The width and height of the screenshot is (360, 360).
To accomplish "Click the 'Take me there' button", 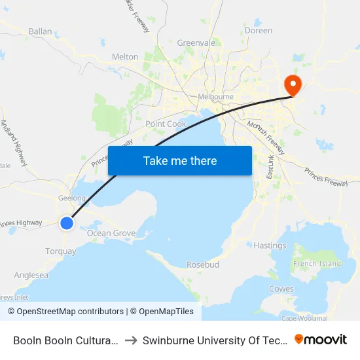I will (x=180, y=160).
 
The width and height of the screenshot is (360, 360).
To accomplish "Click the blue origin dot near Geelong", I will (x=67, y=223).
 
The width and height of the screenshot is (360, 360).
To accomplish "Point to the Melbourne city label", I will (x=215, y=97).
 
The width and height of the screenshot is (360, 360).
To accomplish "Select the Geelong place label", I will (x=72, y=197).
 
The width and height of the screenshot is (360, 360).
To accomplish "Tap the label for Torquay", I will (x=61, y=251).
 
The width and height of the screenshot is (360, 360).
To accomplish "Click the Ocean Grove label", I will (x=111, y=233).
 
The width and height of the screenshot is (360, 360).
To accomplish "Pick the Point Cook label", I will (x=166, y=124).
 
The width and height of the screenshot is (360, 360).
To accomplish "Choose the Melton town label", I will (x=125, y=57).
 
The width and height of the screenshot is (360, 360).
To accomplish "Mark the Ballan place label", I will (x=40, y=31).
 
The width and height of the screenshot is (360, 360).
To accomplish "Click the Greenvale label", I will (x=196, y=43).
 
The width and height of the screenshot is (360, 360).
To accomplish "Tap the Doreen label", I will (x=258, y=31).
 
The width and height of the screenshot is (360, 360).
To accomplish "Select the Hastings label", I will (x=270, y=245).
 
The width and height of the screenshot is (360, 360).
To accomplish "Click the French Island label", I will (x=317, y=264).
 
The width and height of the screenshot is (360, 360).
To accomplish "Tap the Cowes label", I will (x=281, y=289).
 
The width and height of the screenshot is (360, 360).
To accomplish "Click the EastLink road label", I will (x=270, y=167).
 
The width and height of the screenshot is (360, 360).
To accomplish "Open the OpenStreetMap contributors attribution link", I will (x=67, y=312).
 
